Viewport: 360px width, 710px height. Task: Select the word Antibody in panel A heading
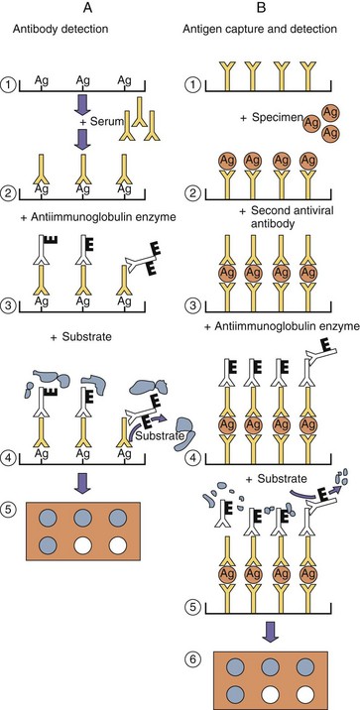click(29, 30)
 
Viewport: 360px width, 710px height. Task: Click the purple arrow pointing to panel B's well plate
click(271, 632)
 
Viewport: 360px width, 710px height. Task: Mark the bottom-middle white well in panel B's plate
click(271, 694)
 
